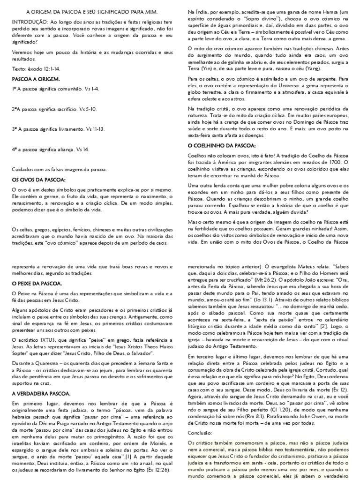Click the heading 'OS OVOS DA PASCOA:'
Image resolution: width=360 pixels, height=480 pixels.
(38, 179)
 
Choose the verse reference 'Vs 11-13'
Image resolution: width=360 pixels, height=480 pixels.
(95, 128)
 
